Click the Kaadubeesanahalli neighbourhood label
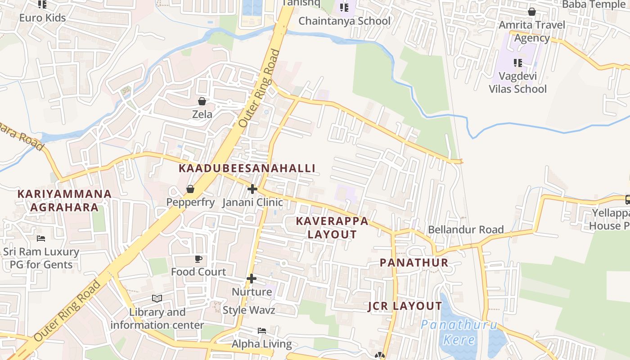(x=247, y=168)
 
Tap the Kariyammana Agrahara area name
(x=64, y=201)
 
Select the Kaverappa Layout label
(x=332, y=228)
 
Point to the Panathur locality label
(x=414, y=263)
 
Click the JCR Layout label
(x=405, y=306)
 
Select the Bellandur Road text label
(x=466, y=229)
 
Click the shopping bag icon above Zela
(x=202, y=101)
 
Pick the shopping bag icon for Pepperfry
(x=190, y=189)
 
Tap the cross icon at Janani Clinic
(x=252, y=189)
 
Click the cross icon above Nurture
(x=252, y=279)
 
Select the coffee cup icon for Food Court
(x=198, y=259)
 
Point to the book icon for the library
(x=157, y=298)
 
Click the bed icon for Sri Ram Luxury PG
(x=41, y=238)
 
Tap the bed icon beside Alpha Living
(x=262, y=331)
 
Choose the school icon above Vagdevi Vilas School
(x=517, y=63)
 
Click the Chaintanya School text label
(x=345, y=21)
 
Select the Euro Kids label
(x=42, y=18)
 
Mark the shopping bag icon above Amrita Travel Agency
(x=532, y=12)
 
